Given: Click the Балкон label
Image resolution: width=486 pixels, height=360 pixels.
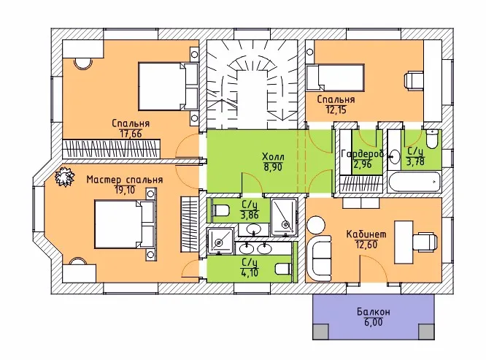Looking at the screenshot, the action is [373, 312].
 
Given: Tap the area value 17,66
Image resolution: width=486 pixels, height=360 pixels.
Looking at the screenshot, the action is [131, 134].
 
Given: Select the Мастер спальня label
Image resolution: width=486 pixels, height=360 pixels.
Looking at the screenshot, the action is [125, 180].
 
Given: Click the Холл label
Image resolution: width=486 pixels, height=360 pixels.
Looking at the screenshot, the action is [273, 156].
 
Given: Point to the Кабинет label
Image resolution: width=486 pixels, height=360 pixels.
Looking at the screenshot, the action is [366, 234].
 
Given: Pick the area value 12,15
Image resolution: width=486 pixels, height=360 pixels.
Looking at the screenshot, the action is [336, 110].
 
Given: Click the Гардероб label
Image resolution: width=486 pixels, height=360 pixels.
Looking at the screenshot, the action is [362, 153].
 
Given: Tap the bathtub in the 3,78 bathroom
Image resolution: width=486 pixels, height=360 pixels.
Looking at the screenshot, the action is [414, 182].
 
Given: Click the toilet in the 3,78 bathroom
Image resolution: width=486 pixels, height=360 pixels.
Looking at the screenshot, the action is [432, 139].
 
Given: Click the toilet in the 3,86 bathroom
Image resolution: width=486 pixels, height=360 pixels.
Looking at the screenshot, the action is [220, 210].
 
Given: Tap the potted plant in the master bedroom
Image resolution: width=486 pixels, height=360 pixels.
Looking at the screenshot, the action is [65, 177].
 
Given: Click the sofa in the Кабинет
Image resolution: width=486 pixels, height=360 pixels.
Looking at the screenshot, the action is [319, 258].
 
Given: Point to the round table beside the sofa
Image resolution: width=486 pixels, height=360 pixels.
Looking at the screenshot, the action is [316, 225].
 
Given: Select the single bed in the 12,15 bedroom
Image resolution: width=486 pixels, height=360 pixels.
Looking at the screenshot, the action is [335, 77].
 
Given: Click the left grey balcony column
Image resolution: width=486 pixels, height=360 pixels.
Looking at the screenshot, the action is [320, 332].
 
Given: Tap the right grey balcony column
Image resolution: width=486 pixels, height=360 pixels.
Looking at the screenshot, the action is [426, 332].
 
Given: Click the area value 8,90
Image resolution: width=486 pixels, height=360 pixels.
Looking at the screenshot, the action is [273, 167].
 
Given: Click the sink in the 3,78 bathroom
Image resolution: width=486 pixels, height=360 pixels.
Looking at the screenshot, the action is [394, 156].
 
